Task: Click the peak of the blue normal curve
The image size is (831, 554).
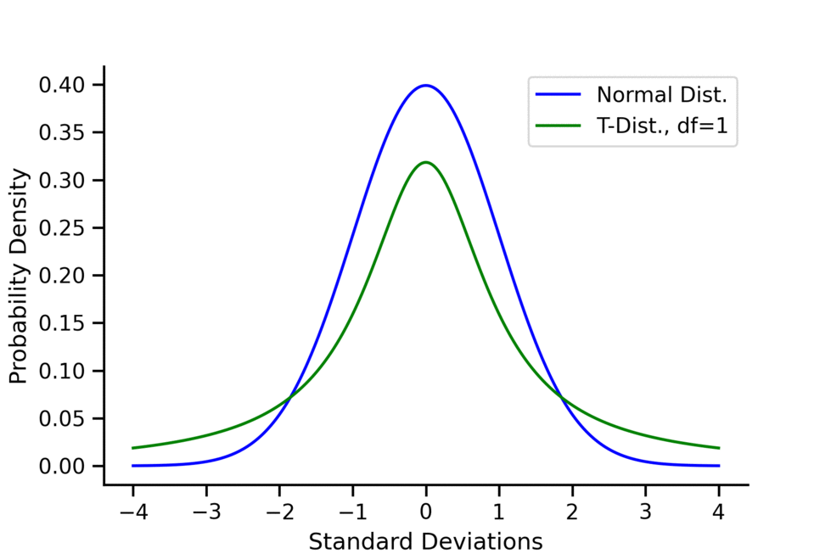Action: coord(425,85)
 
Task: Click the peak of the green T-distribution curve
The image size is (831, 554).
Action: coord(425,162)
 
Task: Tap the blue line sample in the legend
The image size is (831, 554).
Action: coord(557,93)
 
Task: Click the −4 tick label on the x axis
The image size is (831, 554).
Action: coord(132,512)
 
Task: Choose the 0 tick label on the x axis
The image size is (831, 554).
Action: coord(425,512)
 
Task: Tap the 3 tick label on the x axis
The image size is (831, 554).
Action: coord(645,512)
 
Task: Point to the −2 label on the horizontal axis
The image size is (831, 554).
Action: coord(278,512)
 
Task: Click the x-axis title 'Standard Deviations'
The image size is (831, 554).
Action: coord(425,541)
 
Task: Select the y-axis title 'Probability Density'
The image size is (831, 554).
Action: coord(19,276)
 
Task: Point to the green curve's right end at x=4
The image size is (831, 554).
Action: coord(719,448)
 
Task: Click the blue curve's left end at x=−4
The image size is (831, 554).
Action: coord(132,466)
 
